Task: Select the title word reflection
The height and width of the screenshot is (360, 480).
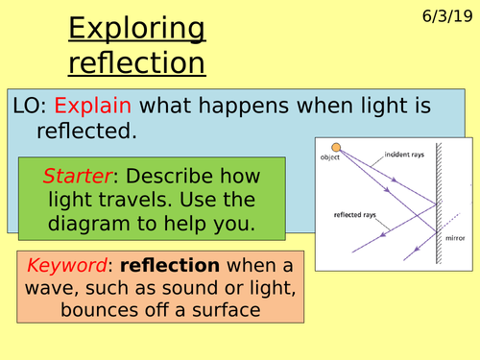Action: pyautogui.click(x=135, y=62)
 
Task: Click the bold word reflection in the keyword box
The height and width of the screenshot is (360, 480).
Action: pyautogui.click(x=178, y=264)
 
